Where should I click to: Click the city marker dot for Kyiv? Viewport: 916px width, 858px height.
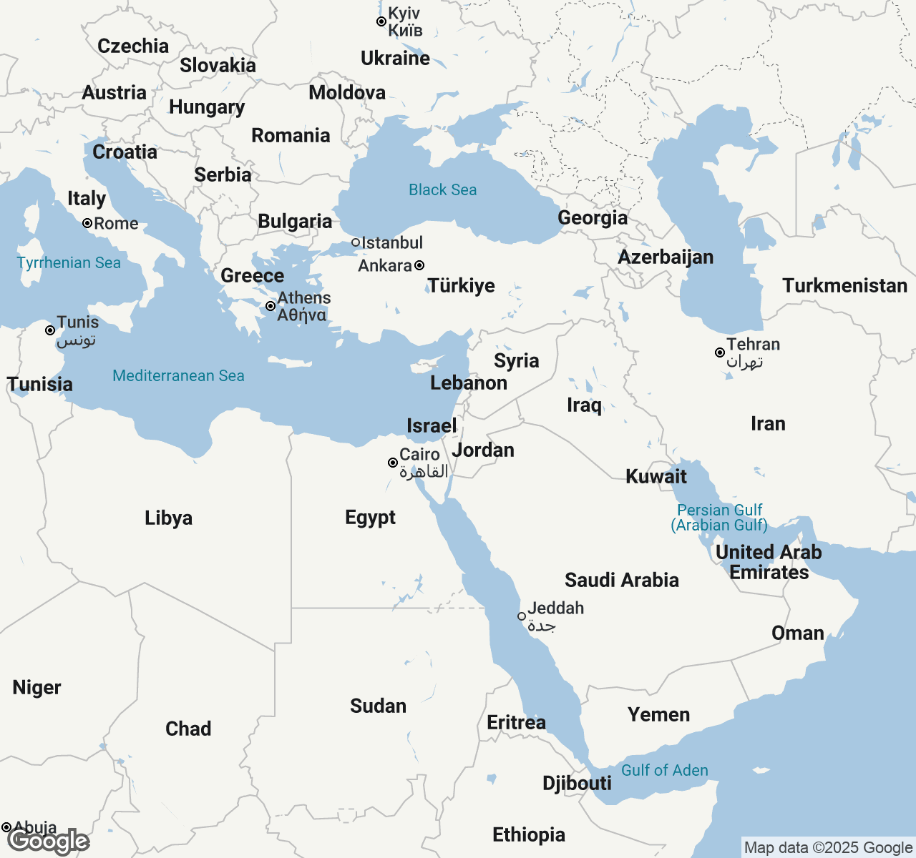click(x=381, y=21)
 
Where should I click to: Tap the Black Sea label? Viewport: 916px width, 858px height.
click(x=442, y=189)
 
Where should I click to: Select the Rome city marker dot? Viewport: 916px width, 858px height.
click(x=87, y=223)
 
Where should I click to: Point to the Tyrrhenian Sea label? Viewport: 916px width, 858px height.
click(x=69, y=262)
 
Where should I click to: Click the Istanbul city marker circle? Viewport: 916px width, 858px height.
click(x=356, y=242)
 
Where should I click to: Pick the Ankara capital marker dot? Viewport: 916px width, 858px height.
click(x=419, y=265)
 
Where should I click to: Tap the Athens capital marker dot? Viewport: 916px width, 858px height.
click(x=271, y=306)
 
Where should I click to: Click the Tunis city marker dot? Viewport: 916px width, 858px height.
click(x=50, y=330)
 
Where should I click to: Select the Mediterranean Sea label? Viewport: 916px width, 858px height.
click(x=178, y=375)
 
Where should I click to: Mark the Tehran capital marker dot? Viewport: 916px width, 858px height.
click(x=720, y=352)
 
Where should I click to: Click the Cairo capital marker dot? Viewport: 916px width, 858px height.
click(x=393, y=463)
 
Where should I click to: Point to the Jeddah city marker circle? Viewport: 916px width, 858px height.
click(x=522, y=616)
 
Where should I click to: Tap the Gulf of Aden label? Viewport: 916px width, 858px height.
click(x=664, y=770)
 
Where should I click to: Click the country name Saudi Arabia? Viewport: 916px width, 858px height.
click(x=621, y=580)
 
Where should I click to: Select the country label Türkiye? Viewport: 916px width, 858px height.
click(x=462, y=285)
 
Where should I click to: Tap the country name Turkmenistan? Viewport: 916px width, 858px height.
click(x=844, y=285)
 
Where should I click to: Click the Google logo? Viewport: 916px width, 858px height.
click(x=49, y=842)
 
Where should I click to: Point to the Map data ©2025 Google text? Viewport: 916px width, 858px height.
click(x=828, y=848)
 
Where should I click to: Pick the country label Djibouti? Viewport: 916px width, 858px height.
click(x=577, y=783)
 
